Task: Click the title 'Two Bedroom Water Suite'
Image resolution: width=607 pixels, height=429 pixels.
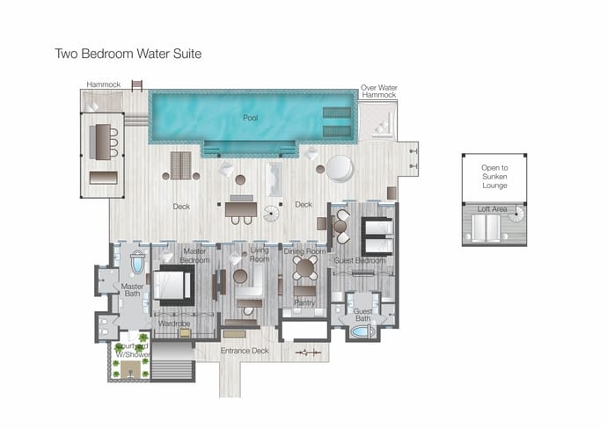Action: click(x=128, y=54)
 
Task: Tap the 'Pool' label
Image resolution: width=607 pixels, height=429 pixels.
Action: click(x=250, y=118)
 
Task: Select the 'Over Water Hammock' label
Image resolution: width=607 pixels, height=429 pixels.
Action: click(x=379, y=91)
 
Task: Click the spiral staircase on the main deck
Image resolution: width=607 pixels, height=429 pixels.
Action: click(x=271, y=214)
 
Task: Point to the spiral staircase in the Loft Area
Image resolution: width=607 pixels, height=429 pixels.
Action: click(x=516, y=214)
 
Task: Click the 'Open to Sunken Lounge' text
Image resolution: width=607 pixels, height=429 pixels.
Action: click(x=494, y=177)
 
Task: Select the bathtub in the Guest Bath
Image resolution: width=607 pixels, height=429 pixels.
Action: click(x=362, y=331)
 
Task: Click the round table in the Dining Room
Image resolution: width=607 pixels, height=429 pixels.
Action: click(x=305, y=267)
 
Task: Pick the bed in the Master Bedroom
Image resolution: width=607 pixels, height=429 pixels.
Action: click(x=173, y=285)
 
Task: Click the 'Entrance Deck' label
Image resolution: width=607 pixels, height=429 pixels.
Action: click(x=245, y=351)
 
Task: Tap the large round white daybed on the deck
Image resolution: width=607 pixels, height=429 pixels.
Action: click(x=340, y=169)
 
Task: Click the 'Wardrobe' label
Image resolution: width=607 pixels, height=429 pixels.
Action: click(x=174, y=323)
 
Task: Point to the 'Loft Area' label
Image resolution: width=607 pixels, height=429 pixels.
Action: click(x=492, y=209)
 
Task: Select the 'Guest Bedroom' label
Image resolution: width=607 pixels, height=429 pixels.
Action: click(x=360, y=260)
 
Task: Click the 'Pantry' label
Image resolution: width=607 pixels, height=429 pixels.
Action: click(x=304, y=302)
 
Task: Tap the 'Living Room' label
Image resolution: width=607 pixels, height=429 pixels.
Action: click(x=259, y=255)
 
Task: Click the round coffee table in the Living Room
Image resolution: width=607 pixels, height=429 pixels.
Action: click(x=240, y=276)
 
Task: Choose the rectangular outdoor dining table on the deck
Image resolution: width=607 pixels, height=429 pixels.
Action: click(x=241, y=209)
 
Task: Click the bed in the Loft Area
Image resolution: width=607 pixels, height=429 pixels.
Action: click(x=486, y=229)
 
